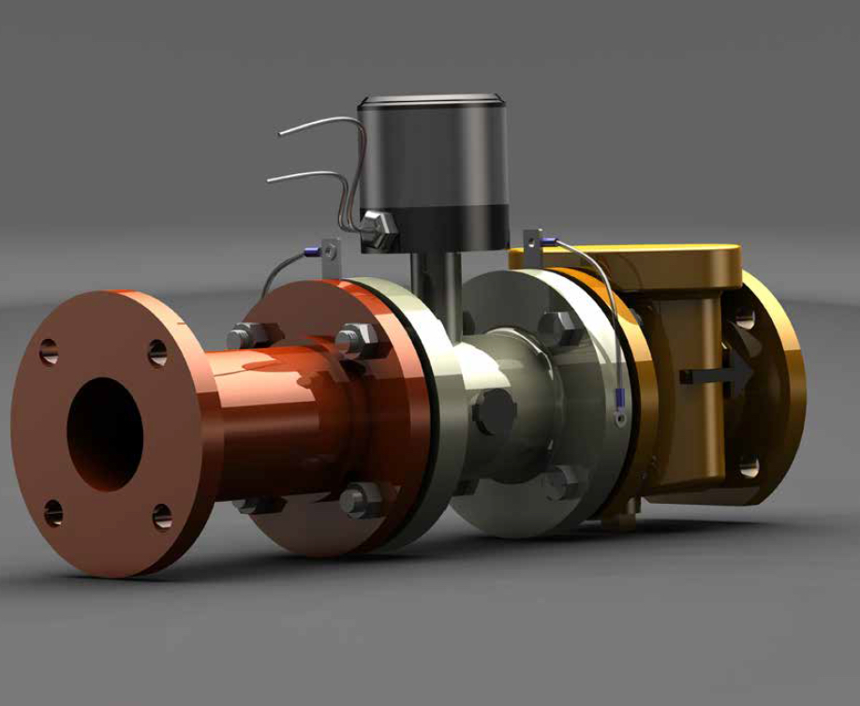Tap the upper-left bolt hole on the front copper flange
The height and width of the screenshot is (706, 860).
tap(49, 352)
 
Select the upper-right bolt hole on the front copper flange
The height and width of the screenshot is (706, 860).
tap(158, 353)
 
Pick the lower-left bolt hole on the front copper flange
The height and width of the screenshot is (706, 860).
tap(53, 512)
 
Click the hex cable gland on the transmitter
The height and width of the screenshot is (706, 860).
tap(378, 230)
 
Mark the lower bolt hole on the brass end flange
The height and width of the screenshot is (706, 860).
tap(746, 465)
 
